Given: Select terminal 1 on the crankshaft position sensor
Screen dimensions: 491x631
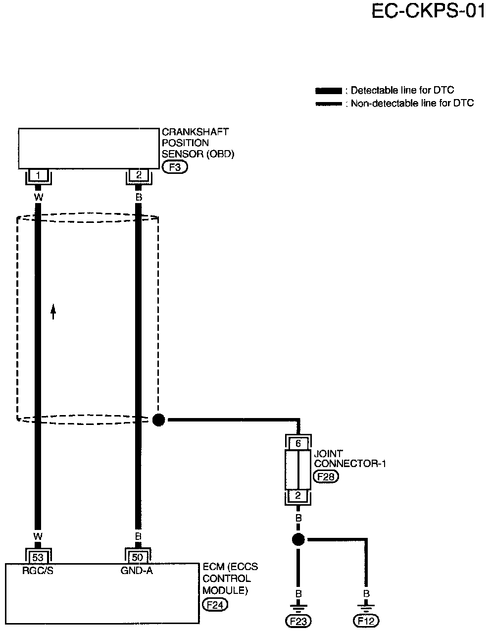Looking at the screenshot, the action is click(38, 175).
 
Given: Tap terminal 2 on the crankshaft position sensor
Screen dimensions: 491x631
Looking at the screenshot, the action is click(139, 175).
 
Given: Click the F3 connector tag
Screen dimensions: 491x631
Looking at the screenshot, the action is click(175, 167).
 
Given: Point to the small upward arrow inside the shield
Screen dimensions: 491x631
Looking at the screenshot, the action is click(53, 312).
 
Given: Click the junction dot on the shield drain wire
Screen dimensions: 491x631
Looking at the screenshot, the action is click(158, 420).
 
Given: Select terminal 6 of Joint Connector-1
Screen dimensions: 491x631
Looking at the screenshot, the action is click(298, 443).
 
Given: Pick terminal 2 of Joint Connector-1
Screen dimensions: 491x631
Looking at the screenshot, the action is click(298, 495).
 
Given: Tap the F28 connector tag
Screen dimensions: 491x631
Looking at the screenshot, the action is click(326, 476).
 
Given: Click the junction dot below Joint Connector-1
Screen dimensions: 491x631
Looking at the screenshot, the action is click(298, 539).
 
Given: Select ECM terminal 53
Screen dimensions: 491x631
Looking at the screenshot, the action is click(38, 557).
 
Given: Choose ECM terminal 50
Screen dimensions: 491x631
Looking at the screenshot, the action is click(138, 557).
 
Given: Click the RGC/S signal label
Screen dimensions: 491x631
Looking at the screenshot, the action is click(38, 571).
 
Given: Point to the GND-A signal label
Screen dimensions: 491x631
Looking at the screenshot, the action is click(137, 571).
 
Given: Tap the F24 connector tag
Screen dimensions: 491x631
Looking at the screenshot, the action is click(215, 604).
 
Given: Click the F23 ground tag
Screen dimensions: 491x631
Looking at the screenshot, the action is click(298, 621).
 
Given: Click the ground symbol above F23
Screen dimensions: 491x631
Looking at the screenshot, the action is click(298, 609).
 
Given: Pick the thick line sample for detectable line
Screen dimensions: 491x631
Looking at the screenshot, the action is click(329, 91).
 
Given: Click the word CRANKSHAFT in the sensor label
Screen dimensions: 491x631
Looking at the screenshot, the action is click(196, 132).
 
